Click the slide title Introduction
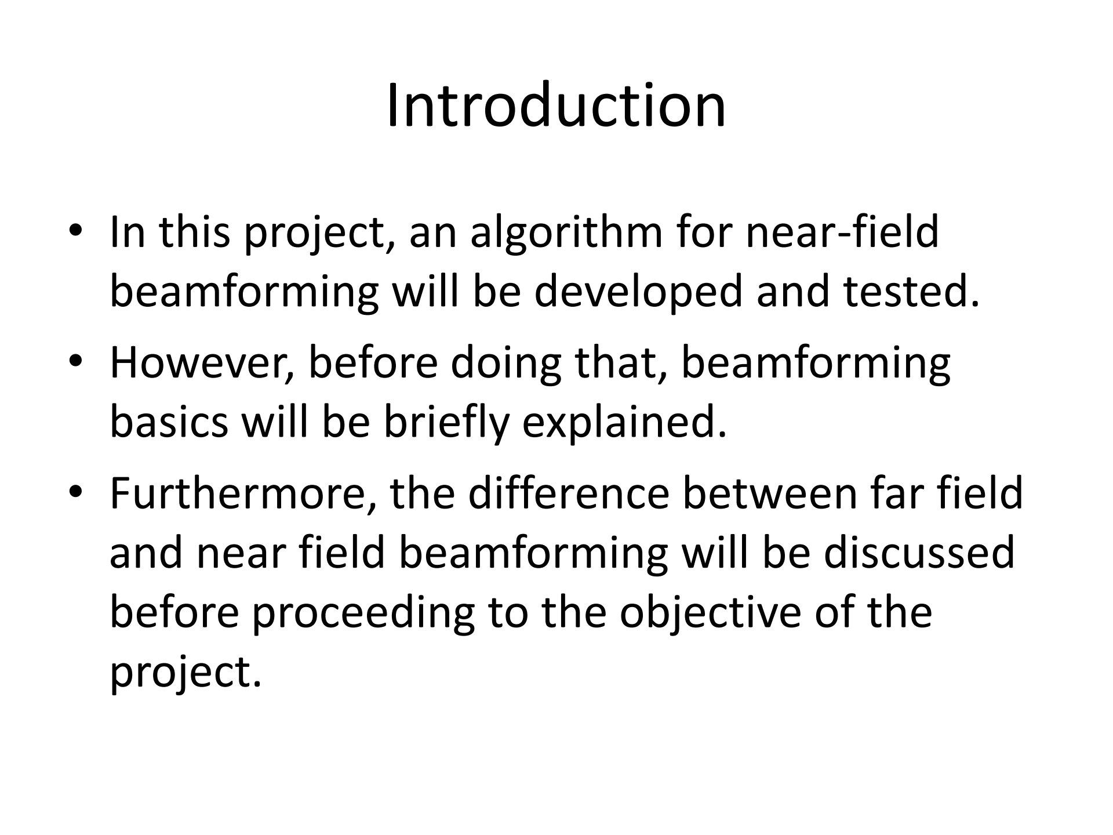coord(556,106)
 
